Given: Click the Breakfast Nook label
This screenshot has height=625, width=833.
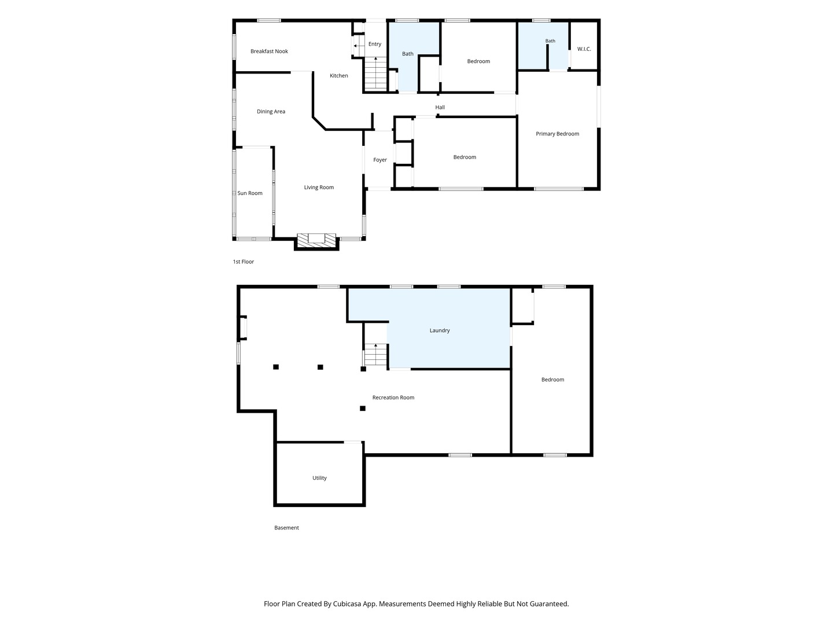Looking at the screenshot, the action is (269, 52).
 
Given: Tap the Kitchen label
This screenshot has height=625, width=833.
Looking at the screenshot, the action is (338, 75).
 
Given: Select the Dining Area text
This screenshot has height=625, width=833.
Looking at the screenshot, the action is (271, 112).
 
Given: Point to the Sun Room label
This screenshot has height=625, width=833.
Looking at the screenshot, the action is (250, 193).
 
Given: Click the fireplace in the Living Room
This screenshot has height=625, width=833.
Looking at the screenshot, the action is (316, 241).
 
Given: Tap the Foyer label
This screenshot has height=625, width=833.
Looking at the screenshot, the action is (380, 160).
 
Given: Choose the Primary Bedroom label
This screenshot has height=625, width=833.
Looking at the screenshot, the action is (557, 134).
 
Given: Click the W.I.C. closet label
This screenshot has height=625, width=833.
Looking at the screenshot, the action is (584, 49).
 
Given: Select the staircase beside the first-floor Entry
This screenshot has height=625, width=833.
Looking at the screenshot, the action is (375, 73).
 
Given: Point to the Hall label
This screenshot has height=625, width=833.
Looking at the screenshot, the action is (440, 108).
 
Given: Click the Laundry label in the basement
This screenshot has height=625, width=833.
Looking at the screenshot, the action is (440, 330).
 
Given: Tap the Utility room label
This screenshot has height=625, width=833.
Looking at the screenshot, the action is (319, 478).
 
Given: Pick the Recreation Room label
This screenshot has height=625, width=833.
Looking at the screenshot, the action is (393, 398).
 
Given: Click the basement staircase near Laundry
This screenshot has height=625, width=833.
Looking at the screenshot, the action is (375, 355).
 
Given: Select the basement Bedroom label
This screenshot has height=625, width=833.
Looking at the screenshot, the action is (552, 380).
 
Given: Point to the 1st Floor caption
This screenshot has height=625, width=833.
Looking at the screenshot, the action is (244, 262).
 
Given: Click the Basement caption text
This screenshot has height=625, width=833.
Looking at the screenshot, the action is (286, 527).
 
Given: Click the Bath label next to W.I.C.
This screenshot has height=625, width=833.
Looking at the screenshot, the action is (550, 41).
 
